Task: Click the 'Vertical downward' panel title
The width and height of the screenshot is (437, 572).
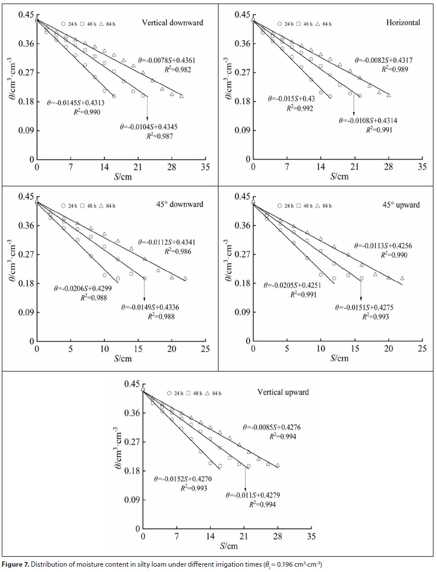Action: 173,23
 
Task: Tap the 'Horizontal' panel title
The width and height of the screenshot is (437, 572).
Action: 403,23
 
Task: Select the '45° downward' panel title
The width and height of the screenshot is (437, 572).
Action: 180,204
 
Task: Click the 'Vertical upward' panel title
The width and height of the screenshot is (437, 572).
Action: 284,392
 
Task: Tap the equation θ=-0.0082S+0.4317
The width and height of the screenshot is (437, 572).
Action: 381,60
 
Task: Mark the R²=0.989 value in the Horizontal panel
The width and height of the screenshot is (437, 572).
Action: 394,69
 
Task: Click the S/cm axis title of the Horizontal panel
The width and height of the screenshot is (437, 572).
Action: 339,176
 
